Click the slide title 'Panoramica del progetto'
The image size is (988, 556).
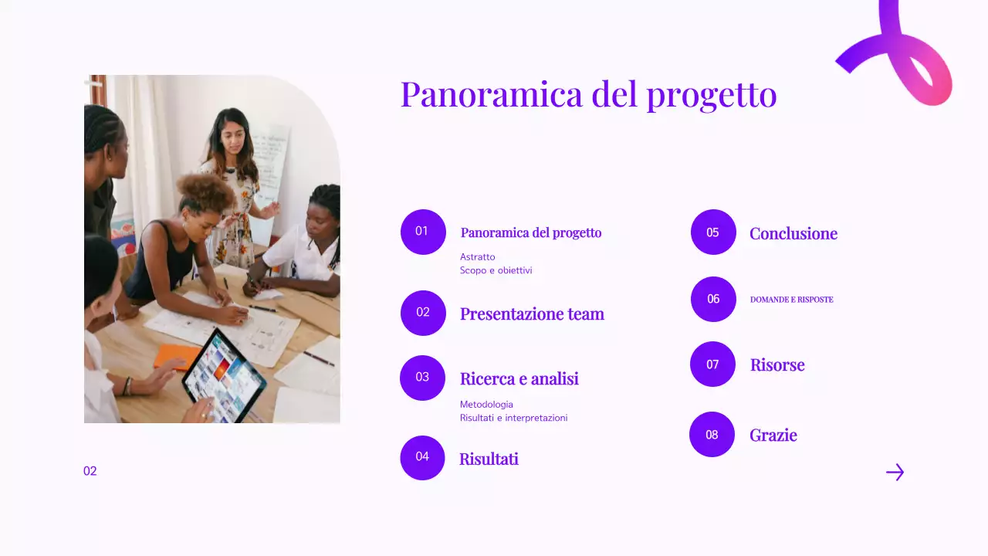[588, 94]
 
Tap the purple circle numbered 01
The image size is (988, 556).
[423, 232]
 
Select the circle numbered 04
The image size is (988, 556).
[422, 457]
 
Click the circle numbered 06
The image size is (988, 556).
[713, 299]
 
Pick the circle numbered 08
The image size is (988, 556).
[712, 435]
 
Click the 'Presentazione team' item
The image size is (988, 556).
[532, 314]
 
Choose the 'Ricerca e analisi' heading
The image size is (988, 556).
[519, 378]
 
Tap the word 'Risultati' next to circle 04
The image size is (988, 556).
[489, 459]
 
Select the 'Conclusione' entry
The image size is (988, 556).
[793, 233]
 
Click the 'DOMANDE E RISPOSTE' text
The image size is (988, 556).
[791, 300]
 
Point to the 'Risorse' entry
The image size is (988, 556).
[777, 364]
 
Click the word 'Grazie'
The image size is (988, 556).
[773, 435]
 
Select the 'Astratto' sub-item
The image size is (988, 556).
[478, 256]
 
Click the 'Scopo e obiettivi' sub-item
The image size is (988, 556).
[496, 270]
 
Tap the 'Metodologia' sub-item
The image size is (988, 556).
[486, 404]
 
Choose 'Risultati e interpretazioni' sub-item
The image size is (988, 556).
[513, 418]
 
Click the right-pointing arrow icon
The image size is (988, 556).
[895, 472]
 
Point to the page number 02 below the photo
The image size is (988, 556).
[90, 471]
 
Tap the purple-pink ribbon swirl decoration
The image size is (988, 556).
[903, 58]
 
